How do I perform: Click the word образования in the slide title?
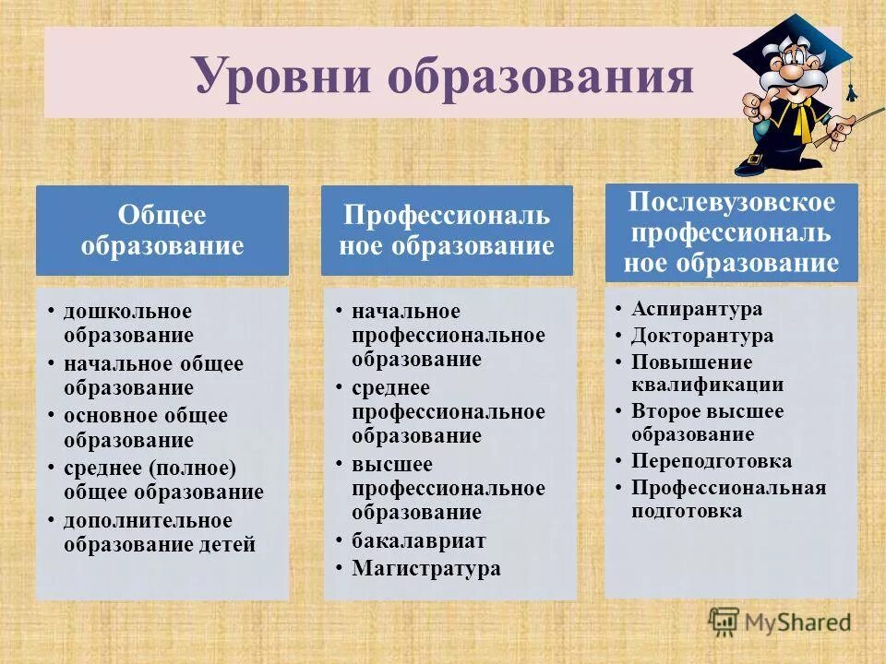[540, 76]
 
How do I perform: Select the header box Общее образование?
[162, 231]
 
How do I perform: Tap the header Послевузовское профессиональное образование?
[731, 233]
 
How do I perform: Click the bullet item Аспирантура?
[697, 309]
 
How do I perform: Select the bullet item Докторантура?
[702, 336]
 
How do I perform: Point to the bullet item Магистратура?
[426, 568]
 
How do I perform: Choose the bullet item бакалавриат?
[418, 541]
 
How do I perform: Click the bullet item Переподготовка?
[712, 461]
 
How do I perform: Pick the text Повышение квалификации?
[707, 373]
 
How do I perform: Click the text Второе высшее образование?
[707, 422]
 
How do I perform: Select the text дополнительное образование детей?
[159, 532]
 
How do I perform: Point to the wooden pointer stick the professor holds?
[863, 118]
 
